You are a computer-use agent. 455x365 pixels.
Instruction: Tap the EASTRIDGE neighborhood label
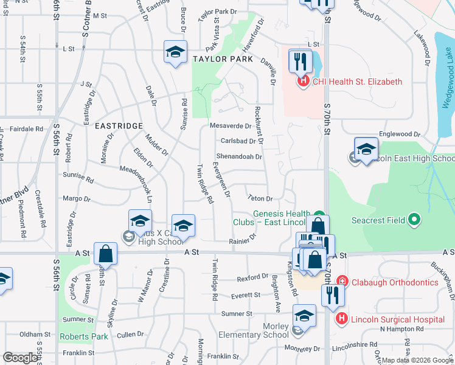(x=119, y=125)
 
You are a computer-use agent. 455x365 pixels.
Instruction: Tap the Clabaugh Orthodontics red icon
(x=342, y=282)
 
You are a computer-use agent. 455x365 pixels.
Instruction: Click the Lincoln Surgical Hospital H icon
(x=342, y=318)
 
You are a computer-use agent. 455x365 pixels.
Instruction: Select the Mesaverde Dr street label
(x=230, y=126)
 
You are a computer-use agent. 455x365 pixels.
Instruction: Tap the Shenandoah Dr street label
(x=239, y=156)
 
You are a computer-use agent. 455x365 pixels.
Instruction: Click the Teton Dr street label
(x=260, y=198)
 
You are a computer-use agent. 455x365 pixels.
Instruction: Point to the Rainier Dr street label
(x=243, y=241)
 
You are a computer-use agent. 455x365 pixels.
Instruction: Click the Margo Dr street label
(x=76, y=198)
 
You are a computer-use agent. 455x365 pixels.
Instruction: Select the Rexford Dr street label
(x=252, y=278)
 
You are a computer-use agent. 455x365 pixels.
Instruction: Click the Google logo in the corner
(x=20, y=358)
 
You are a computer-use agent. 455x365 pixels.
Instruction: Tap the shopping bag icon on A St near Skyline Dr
(x=106, y=254)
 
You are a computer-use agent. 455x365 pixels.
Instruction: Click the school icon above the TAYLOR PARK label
(x=175, y=52)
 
